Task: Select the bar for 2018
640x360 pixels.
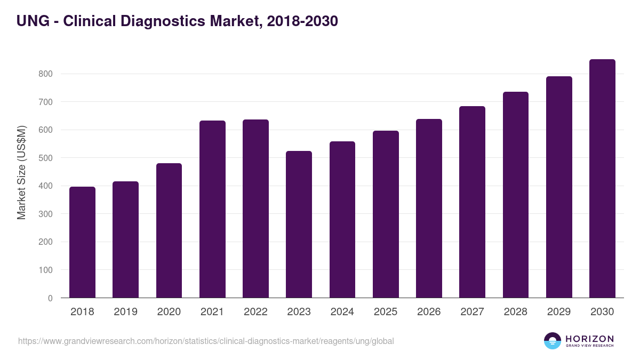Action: (x=82, y=242)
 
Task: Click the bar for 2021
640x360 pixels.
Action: (x=212, y=209)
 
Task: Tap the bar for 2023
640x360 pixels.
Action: (x=299, y=225)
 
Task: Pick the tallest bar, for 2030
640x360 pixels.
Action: (x=602, y=179)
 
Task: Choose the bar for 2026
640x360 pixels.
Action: (x=429, y=209)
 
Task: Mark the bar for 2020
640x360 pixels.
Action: (x=169, y=230)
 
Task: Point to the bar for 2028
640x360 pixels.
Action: (x=516, y=195)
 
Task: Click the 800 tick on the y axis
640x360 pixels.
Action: (x=45, y=74)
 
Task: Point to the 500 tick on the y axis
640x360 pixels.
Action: (x=45, y=158)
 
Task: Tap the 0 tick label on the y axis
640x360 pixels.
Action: (x=50, y=298)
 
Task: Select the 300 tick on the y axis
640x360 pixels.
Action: (x=45, y=214)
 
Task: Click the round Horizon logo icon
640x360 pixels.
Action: (x=553, y=341)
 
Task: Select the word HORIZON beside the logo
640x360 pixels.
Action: (x=590, y=339)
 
